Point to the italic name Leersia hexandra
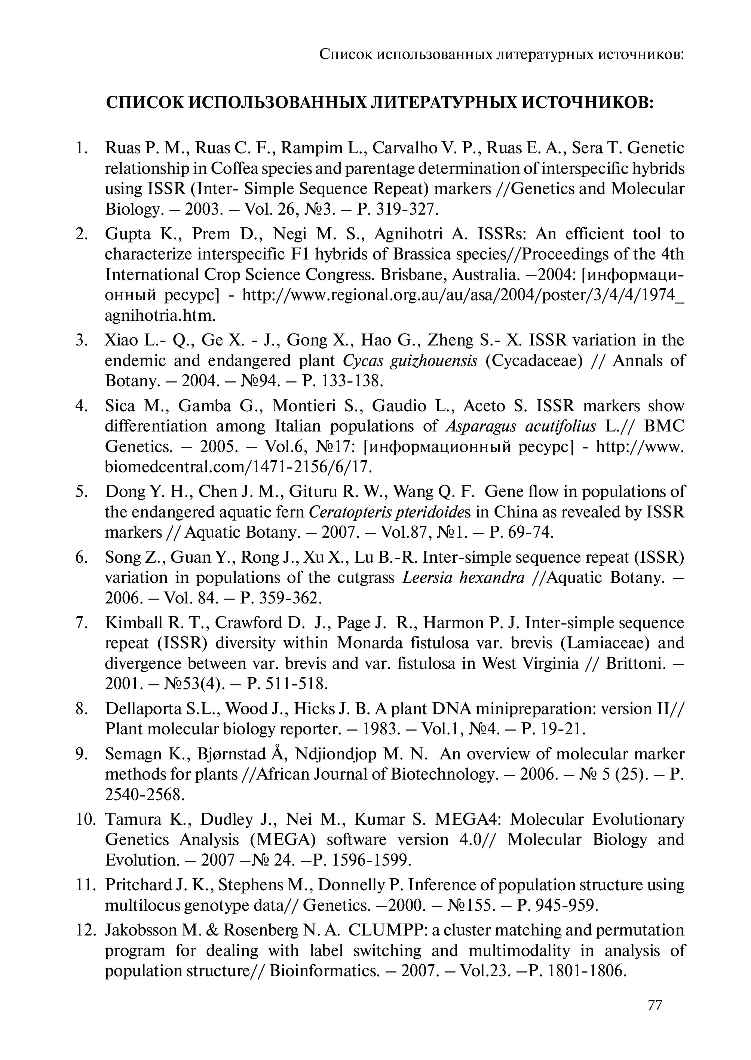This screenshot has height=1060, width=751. (x=464, y=577)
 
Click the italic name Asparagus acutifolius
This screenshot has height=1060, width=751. (x=521, y=426)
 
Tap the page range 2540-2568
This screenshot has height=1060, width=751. (x=145, y=794)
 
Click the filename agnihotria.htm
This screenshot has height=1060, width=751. (x=160, y=315)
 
